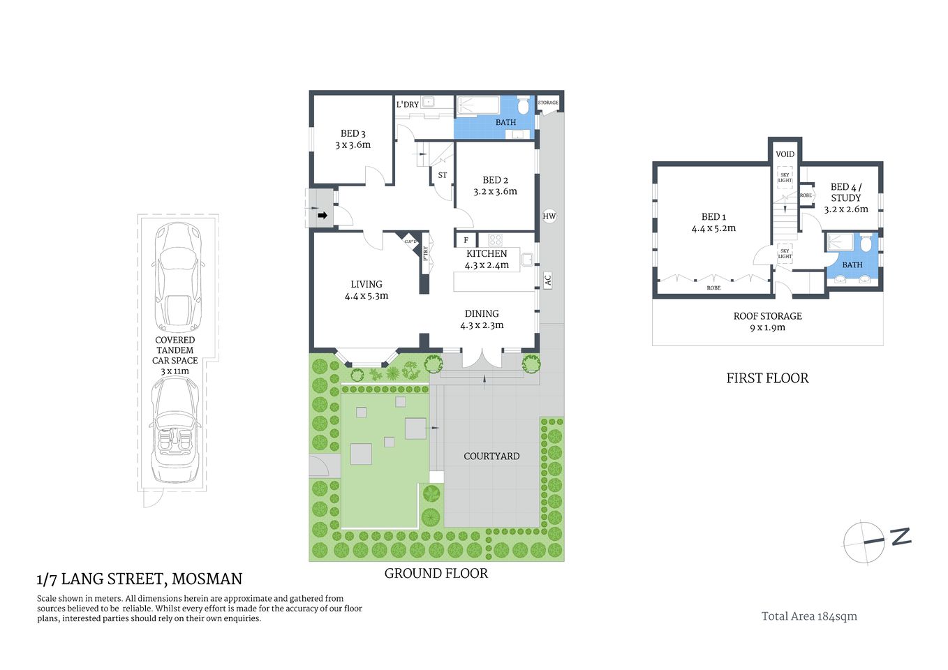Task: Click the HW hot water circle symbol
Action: coord(549,216)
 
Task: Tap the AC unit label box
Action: coord(548,280)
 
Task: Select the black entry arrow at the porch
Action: coord(323,216)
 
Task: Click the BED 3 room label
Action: coord(353,133)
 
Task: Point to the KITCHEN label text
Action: coord(487,253)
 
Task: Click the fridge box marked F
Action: coord(466,240)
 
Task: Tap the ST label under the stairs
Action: coord(443,175)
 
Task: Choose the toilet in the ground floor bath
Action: coord(524,106)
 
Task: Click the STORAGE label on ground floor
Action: coord(548,103)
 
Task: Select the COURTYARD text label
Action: coord(491,456)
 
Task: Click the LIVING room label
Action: coord(366,284)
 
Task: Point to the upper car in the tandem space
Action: coord(178,277)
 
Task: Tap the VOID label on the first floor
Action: coord(785,154)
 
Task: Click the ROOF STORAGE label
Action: coord(767,316)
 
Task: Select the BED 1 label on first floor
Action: coord(713,217)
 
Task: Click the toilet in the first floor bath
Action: coord(866,244)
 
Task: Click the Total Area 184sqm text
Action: coord(809,616)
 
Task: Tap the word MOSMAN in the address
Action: coord(207,579)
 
